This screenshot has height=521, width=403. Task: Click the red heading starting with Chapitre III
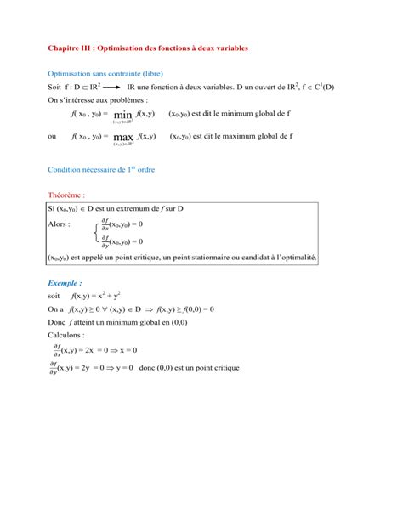click(x=147, y=48)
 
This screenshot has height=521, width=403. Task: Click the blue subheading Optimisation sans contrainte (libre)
click(x=105, y=74)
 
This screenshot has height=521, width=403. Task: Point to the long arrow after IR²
click(x=113, y=88)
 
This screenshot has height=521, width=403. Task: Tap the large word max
click(x=122, y=136)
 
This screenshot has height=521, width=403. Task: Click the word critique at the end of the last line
click(x=225, y=368)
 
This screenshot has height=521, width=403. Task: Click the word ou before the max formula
click(x=53, y=136)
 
